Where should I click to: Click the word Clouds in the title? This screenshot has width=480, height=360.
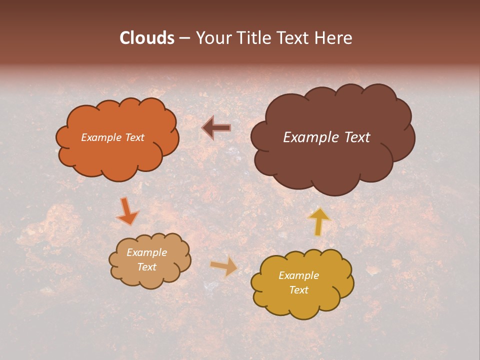point(147,38)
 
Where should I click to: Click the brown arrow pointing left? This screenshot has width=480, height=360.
point(216,128)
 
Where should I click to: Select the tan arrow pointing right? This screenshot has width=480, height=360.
point(224,267)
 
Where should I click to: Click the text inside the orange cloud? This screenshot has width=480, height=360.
point(112,137)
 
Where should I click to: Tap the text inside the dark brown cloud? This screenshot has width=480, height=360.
point(326,137)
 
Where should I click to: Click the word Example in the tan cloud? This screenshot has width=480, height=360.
point(146,252)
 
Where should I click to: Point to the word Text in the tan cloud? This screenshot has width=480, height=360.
point(146,267)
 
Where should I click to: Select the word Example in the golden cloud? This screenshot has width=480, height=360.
point(298,275)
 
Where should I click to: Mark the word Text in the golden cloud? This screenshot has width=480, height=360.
point(298,290)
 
